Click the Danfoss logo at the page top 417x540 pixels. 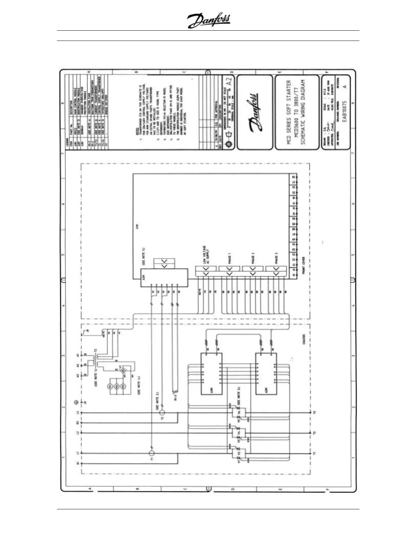(208, 21)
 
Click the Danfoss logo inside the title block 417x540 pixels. (254, 112)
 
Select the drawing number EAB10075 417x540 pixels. (345, 113)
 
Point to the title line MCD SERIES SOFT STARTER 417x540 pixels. (289, 112)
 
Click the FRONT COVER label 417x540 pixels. (303, 266)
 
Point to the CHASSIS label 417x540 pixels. (304, 339)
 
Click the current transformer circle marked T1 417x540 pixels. (152, 453)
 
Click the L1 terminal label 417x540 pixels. (78, 453)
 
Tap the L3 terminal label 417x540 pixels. (78, 413)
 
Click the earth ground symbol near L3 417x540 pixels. (78, 403)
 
